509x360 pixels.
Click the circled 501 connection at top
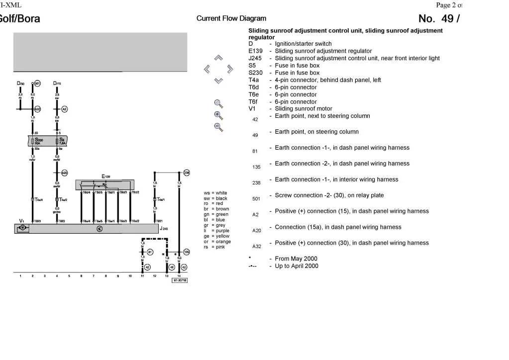[x=37, y=83]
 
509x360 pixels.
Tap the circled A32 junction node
[x=37, y=108]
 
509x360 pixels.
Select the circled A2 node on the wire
[x=64, y=108]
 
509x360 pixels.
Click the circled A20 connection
[x=64, y=173]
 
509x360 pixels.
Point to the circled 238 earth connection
[x=187, y=173]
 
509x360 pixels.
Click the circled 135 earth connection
[x=187, y=252]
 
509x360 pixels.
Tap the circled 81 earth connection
[x=150, y=252]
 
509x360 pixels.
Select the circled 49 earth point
[x=172, y=267]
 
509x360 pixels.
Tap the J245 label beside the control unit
[x=164, y=228]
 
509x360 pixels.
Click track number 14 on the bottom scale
[x=179, y=275]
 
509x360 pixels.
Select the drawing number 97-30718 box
[x=180, y=281]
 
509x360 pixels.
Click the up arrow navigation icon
[x=218, y=58]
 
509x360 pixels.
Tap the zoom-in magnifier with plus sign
[x=218, y=115]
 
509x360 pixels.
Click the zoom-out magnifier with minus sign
[x=218, y=127]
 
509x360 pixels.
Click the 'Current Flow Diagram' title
[x=231, y=19]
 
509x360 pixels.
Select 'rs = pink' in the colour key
[x=215, y=247]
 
